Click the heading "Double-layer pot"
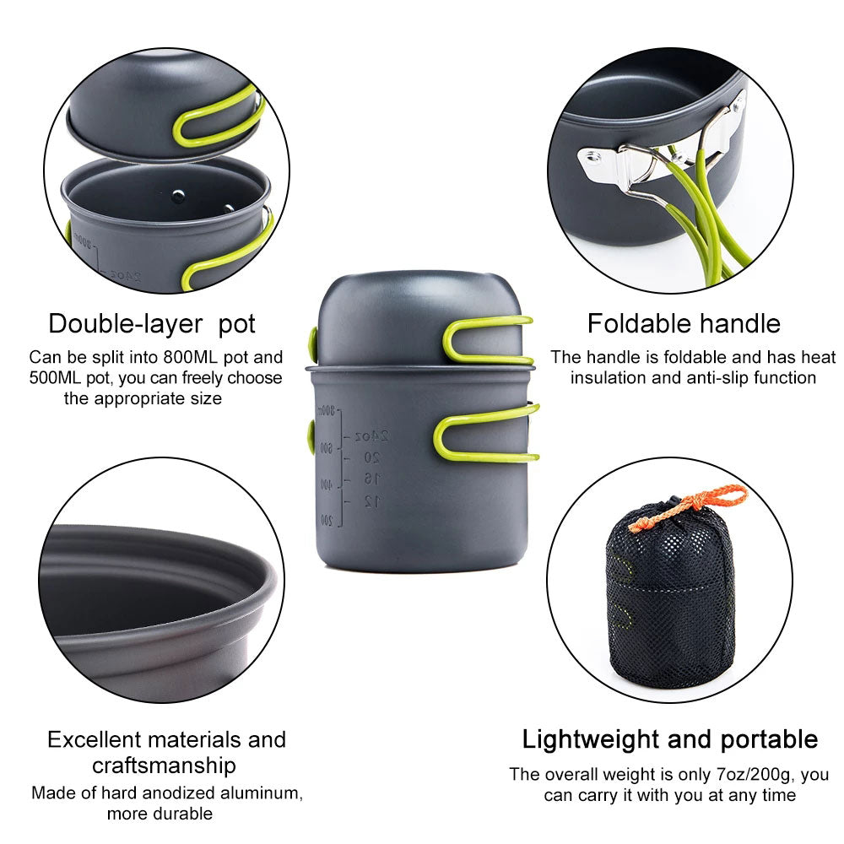tap(152, 323)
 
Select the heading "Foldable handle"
tap(684, 323)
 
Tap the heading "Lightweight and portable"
tap(669, 739)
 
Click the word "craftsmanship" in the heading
tap(164, 766)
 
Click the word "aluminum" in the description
tap(258, 793)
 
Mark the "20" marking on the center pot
tap(371, 457)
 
